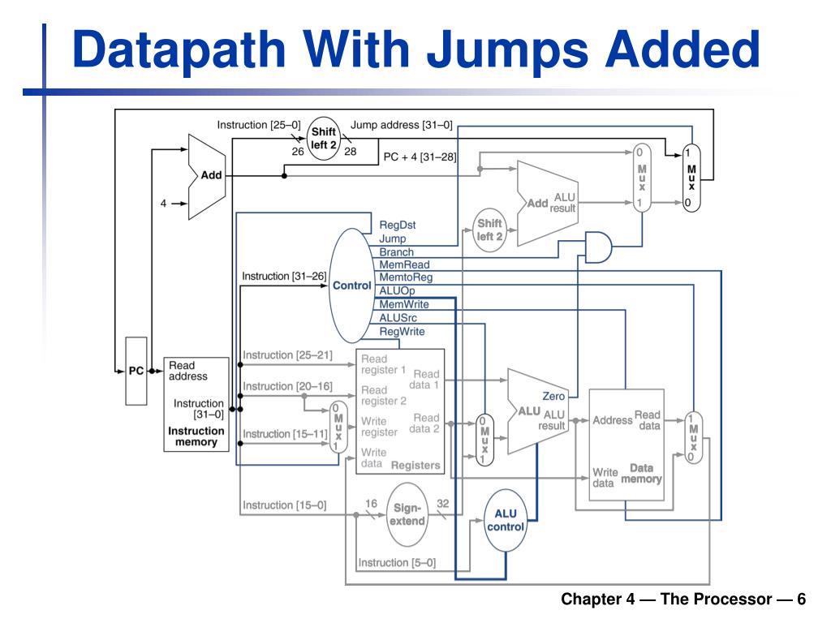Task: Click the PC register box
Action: (136, 371)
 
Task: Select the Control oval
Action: (352, 286)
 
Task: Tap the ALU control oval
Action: (506, 520)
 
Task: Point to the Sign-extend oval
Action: (407, 514)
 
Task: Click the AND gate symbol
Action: (598, 247)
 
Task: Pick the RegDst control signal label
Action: (398, 225)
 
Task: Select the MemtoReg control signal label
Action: (406, 277)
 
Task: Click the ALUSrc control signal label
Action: (398, 318)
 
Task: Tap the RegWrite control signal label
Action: (402, 332)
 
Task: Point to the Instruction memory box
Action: (196, 404)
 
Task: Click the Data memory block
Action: (626, 445)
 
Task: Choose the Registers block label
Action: (415, 465)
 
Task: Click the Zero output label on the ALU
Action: (553, 396)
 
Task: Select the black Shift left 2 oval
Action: (323, 138)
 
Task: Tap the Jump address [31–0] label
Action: (401, 125)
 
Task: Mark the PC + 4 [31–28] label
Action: (420, 157)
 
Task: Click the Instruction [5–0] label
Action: (397, 563)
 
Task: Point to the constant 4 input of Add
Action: (163, 204)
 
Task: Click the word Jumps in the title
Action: (508, 50)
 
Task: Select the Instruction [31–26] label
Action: (284, 276)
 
